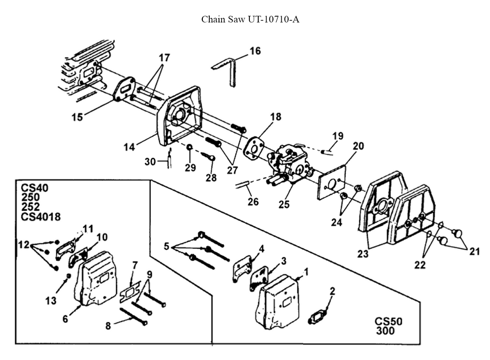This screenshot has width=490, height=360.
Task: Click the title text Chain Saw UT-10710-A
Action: coord(250,20)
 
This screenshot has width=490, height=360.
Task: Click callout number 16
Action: coord(255,51)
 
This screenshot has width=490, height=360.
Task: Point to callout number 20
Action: coord(359,145)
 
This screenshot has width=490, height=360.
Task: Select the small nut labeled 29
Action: coord(190,147)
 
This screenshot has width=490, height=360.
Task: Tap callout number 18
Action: coord(275,117)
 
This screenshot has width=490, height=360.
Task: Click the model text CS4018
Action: coord(41,216)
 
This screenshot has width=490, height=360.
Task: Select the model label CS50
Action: coord(389,322)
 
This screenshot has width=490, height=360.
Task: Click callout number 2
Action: coord(332,291)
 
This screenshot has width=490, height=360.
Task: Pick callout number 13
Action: coord(51,301)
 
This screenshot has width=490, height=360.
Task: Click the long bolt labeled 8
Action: coord(134,316)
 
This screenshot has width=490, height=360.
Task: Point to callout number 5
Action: coord(167,246)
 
